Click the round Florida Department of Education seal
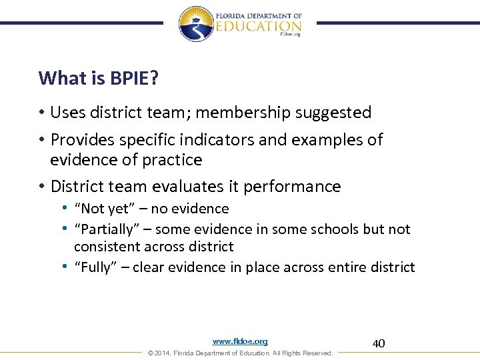(195, 23)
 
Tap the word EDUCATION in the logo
(259, 25)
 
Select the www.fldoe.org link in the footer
(240, 341)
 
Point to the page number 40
(379, 343)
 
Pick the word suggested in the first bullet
(338, 113)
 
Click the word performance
(292, 187)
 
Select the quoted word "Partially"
(104, 229)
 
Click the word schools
(334, 229)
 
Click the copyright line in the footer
(240, 353)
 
